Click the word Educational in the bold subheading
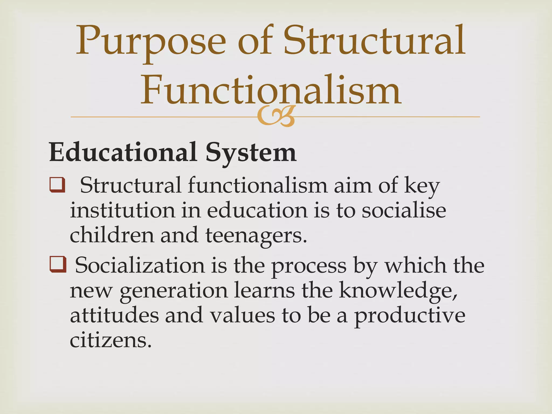point(123,153)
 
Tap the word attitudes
point(114,315)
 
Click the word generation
point(174,291)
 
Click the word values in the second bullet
point(243,315)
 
